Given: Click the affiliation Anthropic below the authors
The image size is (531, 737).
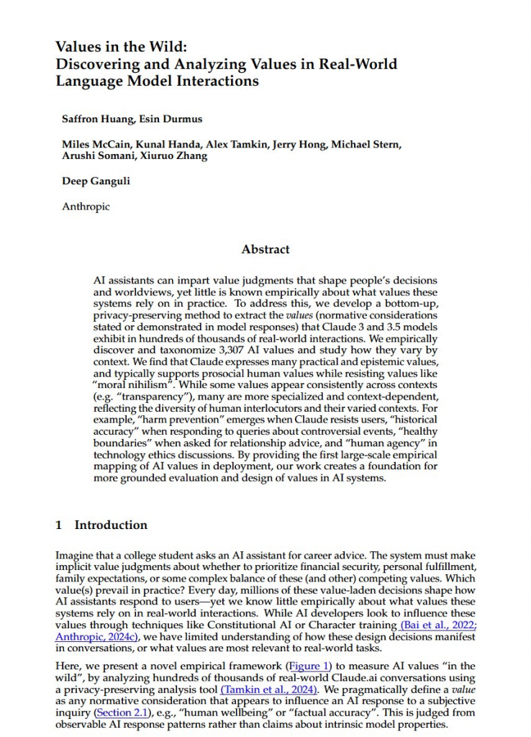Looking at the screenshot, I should (86, 207).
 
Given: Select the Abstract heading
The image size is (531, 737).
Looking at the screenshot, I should (265, 249).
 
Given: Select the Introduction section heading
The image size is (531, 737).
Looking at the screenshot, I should (111, 525).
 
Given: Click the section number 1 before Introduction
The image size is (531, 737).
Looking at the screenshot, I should (59, 525).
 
